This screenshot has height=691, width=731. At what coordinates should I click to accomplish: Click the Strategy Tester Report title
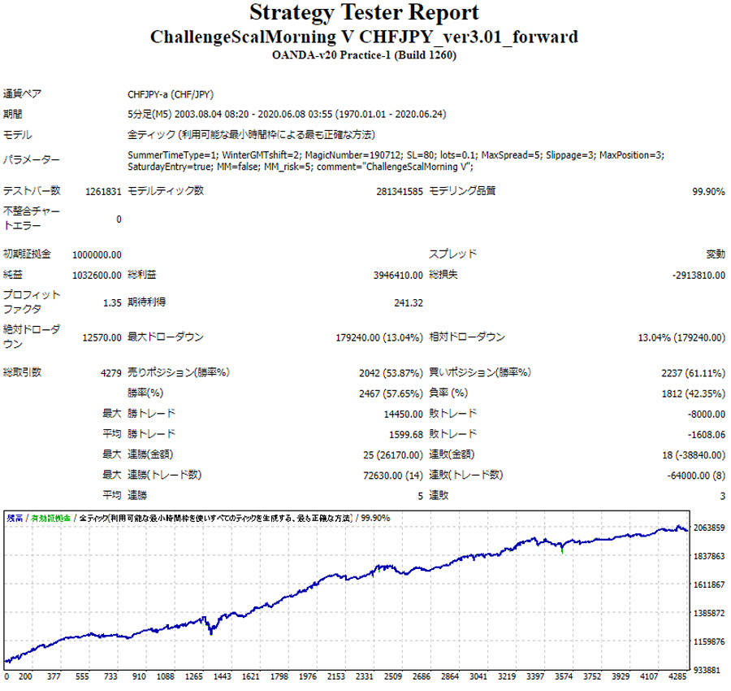364,14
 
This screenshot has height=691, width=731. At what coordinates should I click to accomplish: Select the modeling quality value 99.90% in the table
707,192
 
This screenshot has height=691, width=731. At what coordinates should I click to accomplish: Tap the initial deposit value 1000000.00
97,254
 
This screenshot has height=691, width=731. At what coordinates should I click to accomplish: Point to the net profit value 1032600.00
97,276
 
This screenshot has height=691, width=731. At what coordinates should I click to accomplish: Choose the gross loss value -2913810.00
698,276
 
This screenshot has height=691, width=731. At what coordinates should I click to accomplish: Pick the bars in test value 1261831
103,192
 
